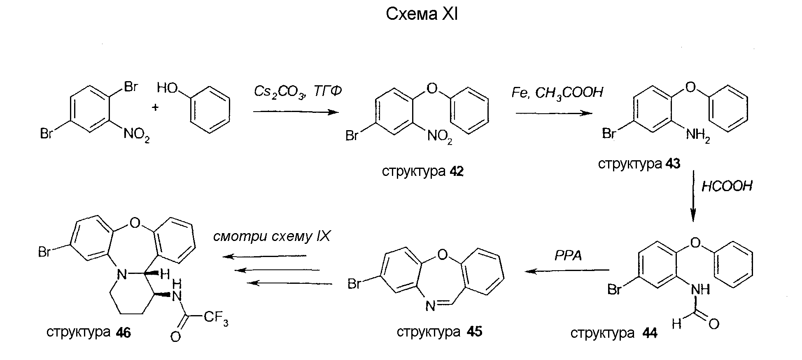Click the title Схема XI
click(422, 14)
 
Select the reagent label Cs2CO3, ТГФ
click(298, 91)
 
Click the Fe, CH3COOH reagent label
click(557, 93)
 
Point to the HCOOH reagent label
click(727, 186)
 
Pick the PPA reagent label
click(568, 255)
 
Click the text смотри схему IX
click(272, 237)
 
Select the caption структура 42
click(423, 171)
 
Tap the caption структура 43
click(639, 164)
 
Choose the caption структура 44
click(614, 333)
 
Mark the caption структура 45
click(439, 332)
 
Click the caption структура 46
click(89, 332)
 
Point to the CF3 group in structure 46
click(216, 318)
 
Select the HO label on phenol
click(167, 88)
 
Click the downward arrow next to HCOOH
click(693, 196)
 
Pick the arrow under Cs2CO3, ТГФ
click(296, 112)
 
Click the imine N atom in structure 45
click(430, 306)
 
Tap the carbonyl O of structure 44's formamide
click(714, 324)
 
